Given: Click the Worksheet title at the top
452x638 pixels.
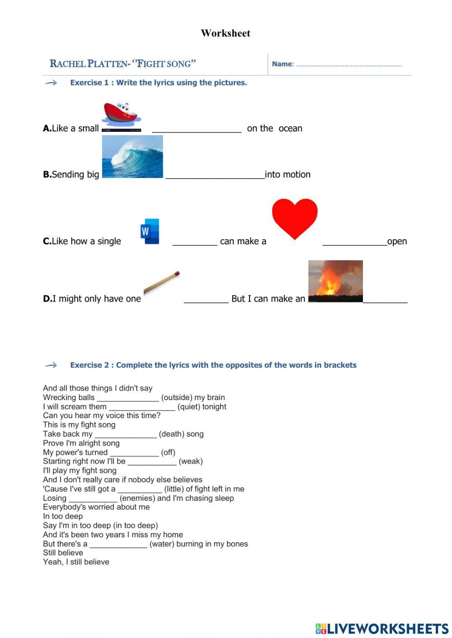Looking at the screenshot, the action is (x=226, y=33).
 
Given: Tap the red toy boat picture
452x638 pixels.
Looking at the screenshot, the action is (x=121, y=115).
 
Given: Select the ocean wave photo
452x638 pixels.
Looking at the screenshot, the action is (x=132, y=157).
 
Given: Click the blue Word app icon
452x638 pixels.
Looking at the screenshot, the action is (x=150, y=231).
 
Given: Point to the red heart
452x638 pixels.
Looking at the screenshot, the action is (x=295, y=218).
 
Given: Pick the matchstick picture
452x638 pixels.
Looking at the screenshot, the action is (x=162, y=282).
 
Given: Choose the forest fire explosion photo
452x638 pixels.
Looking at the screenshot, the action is (x=335, y=281).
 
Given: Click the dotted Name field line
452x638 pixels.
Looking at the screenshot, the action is (x=349, y=65).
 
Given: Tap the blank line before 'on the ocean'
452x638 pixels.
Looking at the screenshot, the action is (x=197, y=131).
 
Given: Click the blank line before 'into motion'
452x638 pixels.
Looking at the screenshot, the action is (x=215, y=177).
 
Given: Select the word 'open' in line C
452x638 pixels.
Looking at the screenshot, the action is (x=397, y=242).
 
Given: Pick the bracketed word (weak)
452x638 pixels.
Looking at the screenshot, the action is (x=191, y=461).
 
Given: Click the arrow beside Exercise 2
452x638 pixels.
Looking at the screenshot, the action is (x=52, y=365).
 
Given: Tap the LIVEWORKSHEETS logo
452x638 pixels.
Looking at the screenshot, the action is (x=382, y=629).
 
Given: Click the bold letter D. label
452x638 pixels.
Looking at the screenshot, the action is (x=47, y=298).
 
